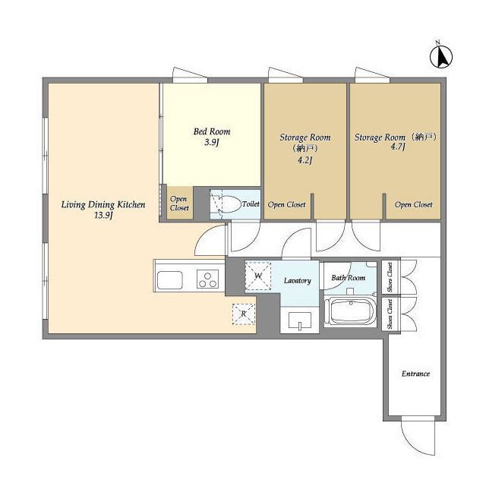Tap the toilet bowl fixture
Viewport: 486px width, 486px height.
coord(229,204)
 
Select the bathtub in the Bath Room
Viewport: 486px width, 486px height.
coord(350,311)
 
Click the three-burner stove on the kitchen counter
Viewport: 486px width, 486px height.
coord(207,279)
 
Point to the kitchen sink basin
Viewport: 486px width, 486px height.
coord(169,280)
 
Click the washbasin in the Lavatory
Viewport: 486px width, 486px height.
coord(300,320)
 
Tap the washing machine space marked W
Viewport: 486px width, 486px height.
coord(258,276)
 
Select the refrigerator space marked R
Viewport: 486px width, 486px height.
coord(244,314)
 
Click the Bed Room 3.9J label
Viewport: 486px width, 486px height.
coord(212,137)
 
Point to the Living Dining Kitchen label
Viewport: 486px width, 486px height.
coord(103,204)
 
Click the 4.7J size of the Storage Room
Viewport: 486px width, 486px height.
coord(398,147)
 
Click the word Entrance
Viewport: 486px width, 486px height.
coord(415,374)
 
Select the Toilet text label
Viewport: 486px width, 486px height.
coord(251,204)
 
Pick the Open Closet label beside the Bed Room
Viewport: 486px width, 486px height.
coord(179,204)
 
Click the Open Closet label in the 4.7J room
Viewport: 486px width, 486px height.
coord(413,204)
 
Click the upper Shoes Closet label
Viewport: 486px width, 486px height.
coord(390,276)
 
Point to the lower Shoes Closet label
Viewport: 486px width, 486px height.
coord(390,314)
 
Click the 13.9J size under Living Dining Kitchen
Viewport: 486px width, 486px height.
coord(103,216)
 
